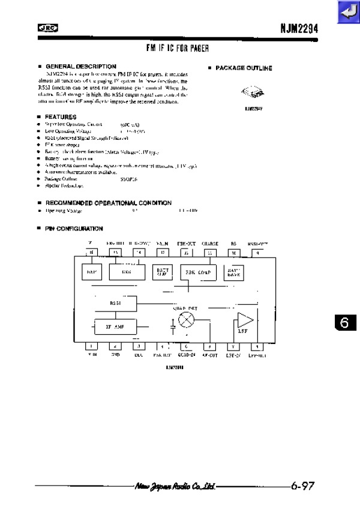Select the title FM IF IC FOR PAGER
178,47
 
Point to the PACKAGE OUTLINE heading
243,68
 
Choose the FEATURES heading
61,116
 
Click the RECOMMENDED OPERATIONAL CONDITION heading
108,203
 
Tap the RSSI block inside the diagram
116,303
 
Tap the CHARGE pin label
210,243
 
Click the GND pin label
115,355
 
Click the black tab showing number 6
344,322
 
